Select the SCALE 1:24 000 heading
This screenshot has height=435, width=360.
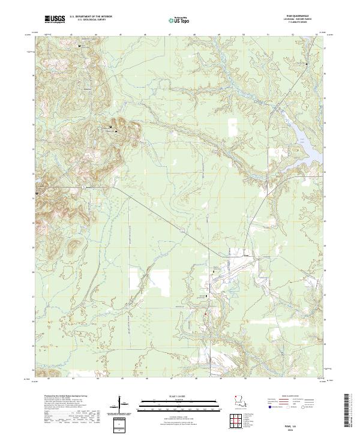point(175,397)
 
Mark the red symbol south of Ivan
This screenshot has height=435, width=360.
point(205,313)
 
